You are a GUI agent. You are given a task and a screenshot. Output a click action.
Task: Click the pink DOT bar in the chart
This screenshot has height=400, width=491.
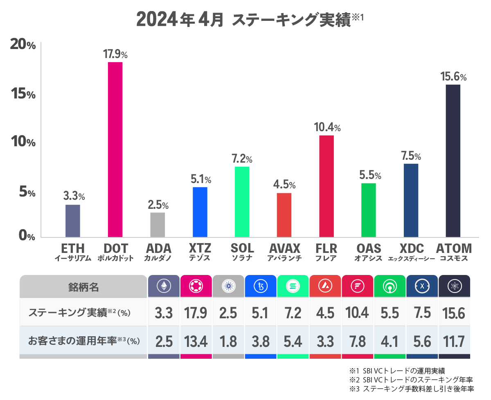(x=115, y=150)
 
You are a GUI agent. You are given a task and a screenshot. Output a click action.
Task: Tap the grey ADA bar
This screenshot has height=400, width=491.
(x=158, y=225)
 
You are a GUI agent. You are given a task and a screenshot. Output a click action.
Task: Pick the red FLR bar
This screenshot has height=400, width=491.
(x=326, y=186)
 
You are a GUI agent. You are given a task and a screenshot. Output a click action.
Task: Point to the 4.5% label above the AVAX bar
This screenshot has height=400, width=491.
(x=284, y=185)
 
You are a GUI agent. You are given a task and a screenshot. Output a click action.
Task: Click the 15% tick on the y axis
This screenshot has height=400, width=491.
(x=23, y=94)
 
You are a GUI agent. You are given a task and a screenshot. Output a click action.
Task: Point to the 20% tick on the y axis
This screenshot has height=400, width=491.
(x=23, y=45)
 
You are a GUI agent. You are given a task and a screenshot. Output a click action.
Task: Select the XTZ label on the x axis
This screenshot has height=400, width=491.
(x=200, y=248)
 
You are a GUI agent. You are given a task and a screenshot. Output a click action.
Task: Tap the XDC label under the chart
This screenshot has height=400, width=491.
(x=411, y=248)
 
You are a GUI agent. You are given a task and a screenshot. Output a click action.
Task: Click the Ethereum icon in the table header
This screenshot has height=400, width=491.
(x=164, y=286)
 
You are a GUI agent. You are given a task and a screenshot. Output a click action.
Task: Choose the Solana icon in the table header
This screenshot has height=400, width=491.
(x=293, y=286)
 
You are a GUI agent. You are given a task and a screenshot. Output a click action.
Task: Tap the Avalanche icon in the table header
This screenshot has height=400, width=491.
(x=325, y=286)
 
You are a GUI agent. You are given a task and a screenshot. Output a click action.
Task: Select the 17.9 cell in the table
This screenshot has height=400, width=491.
(x=196, y=313)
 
